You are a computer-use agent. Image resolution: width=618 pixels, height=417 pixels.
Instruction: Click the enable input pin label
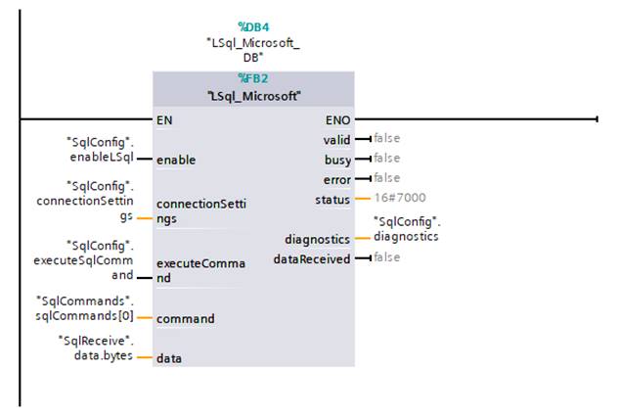click(176, 160)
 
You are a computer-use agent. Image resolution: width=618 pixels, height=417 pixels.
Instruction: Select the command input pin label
click(185, 318)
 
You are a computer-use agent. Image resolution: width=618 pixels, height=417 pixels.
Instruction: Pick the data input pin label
click(169, 358)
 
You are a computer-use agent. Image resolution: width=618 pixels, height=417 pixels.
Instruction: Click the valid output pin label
click(337, 140)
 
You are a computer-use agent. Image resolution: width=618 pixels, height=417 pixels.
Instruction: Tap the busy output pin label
click(338, 159)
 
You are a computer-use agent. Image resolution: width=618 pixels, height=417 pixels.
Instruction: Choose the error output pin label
click(338, 178)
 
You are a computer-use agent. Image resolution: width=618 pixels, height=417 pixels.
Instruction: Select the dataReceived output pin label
click(312, 258)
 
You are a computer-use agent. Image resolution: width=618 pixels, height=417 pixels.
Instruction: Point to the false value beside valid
click(386, 139)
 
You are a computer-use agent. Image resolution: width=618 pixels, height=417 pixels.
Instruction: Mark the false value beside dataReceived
click(386, 257)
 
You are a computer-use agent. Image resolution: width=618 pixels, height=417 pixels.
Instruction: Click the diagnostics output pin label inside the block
click(318, 238)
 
